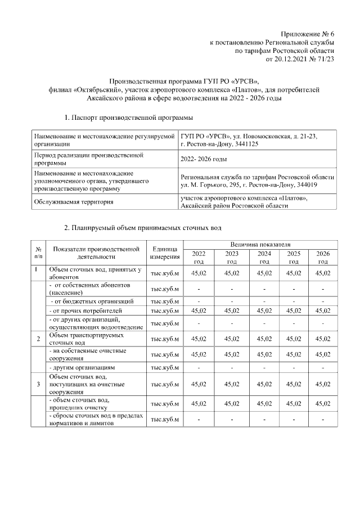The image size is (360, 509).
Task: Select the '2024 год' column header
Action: tap(264, 258)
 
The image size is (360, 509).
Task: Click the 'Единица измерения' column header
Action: tap(165, 253)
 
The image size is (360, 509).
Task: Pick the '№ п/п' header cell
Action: tap(38, 253)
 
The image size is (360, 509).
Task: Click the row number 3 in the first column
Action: tap(38, 384)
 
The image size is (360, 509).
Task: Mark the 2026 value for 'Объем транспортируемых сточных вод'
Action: tap(323, 339)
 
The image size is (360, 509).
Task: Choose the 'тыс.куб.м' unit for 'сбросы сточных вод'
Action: tap(165, 420)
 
